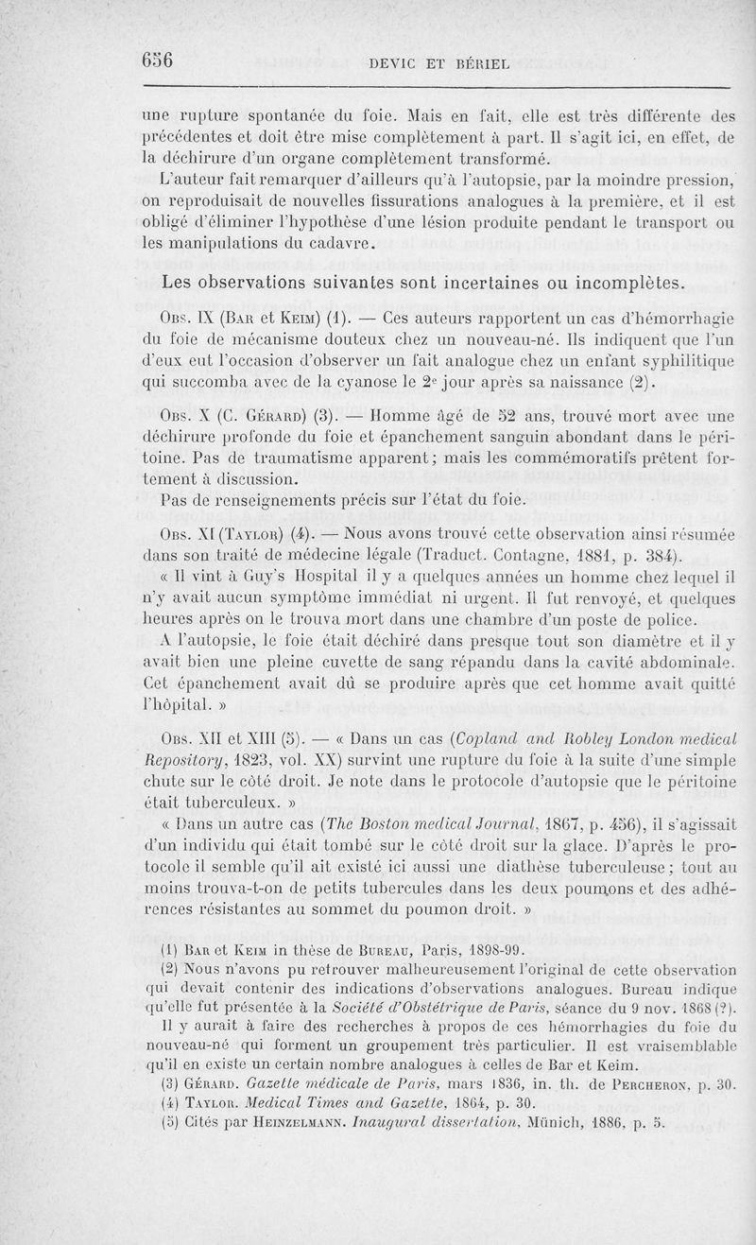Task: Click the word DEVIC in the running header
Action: (398, 64)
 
